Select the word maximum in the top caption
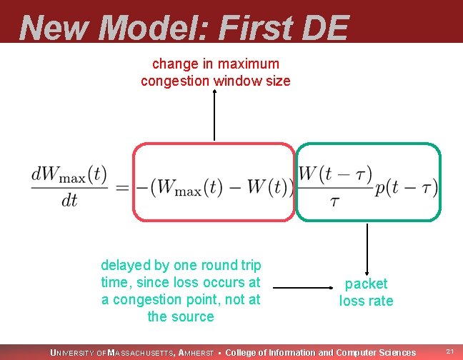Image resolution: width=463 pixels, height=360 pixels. point(250,64)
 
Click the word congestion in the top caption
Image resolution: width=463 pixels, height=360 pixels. point(174,81)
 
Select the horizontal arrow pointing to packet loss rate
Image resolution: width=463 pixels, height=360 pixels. point(300,289)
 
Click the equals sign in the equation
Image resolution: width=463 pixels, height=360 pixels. point(122,188)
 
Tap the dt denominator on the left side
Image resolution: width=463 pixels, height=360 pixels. point(69,201)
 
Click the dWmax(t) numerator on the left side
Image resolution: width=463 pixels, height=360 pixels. point(69,174)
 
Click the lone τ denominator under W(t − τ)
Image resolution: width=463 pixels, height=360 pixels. point(334,201)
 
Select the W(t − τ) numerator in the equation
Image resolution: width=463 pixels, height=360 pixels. point(334,174)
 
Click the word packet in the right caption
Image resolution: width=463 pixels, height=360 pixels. point(366,284)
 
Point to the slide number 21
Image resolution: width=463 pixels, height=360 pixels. point(450,351)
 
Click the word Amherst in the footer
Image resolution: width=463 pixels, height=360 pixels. point(196,352)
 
